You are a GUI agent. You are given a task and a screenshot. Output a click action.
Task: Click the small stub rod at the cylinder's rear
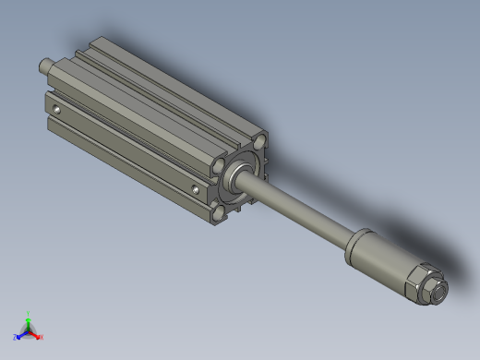click(42, 66)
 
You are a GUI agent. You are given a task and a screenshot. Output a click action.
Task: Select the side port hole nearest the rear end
click(58, 111)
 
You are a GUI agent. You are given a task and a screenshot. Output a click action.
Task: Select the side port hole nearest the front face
click(196, 190)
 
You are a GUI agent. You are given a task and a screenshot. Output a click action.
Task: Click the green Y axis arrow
click(29, 320)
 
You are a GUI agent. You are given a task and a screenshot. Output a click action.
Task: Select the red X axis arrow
click(35, 334)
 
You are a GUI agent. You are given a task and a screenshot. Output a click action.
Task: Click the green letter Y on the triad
click(29, 313)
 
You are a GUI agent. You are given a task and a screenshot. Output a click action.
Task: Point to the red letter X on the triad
click(41, 338)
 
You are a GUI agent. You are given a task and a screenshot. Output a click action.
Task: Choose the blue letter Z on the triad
click(16, 338)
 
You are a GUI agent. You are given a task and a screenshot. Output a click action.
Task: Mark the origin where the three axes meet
click(29, 330)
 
